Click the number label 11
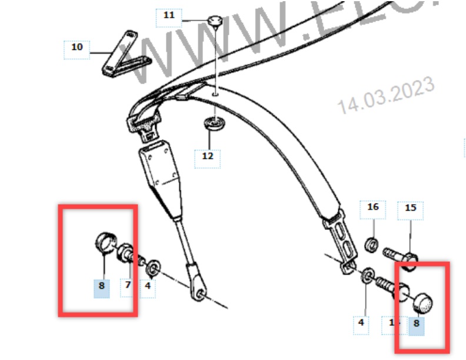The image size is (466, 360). (169, 15)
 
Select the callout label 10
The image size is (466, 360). (76, 47)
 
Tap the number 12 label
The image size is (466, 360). (208, 156)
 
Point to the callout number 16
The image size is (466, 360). (373, 207)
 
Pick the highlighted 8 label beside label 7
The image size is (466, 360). (102, 286)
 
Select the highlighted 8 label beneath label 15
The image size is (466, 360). (417, 323)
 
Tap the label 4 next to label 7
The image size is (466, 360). (148, 286)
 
